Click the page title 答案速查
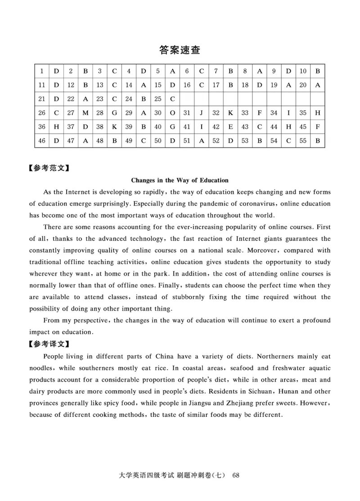click(x=180, y=50)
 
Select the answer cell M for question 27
click(x=85, y=113)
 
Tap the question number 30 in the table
click(x=157, y=113)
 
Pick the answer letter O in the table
click(x=172, y=113)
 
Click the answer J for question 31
click(x=202, y=113)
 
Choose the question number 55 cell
click(x=303, y=141)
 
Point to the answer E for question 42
click(x=230, y=127)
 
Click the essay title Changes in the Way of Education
click(x=180, y=180)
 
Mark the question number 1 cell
click(x=42, y=71)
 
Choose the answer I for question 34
click(x=288, y=113)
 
